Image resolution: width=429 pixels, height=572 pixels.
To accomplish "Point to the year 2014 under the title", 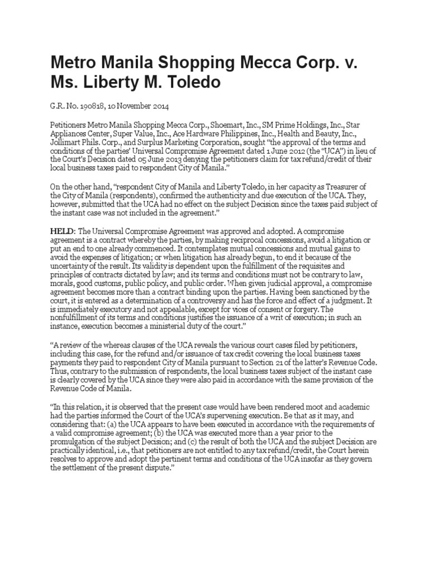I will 157,106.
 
